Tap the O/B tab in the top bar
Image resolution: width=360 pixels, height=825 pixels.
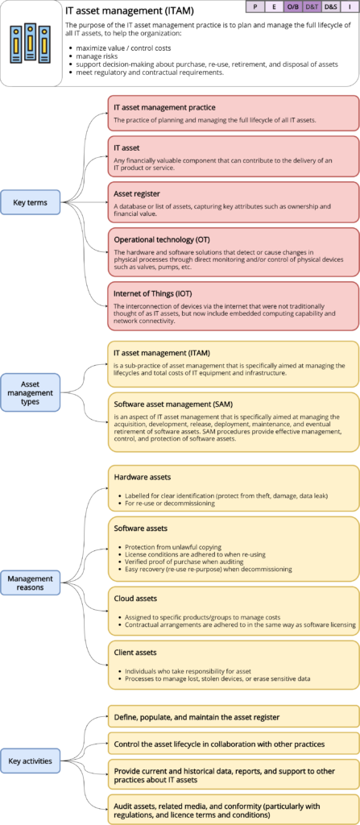(293, 6)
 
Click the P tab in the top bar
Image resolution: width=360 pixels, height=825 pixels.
(255, 6)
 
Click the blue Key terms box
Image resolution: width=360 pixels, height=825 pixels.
(31, 202)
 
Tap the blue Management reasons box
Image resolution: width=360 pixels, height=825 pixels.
(31, 583)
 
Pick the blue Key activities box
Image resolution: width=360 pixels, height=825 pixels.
(31, 760)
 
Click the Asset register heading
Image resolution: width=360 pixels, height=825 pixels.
(137, 194)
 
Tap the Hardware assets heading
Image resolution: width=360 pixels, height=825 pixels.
(143, 477)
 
